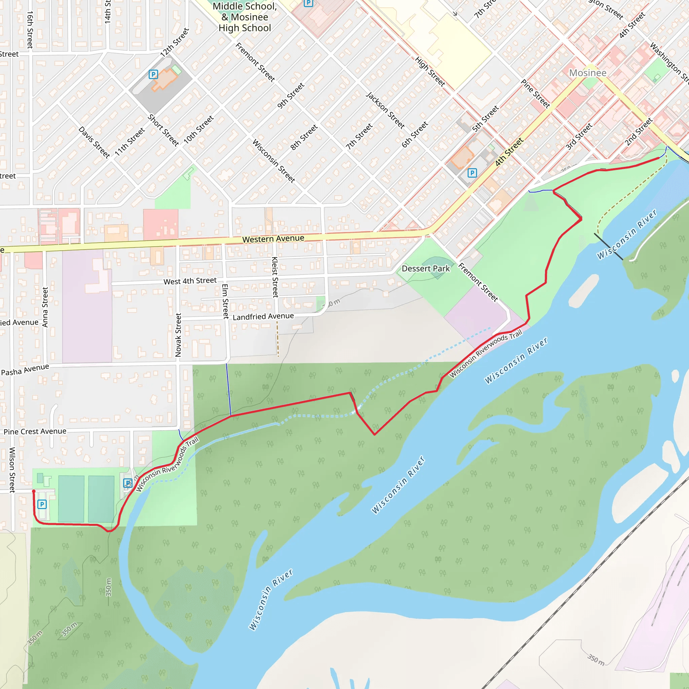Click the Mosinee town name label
click(x=587, y=73)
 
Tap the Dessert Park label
click(x=426, y=268)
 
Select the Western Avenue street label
click(x=273, y=239)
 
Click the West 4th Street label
click(x=190, y=281)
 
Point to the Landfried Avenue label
click(x=263, y=316)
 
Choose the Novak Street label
click(x=178, y=335)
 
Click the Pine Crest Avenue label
click(x=35, y=432)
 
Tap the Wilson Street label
click(x=12, y=470)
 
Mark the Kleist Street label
click(x=275, y=277)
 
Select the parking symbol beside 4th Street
click(x=472, y=173)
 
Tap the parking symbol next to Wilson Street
click(x=42, y=504)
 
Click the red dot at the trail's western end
click(x=34, y=492)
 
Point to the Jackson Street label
click(x=385, y=110)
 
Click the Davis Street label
click(x=94, y=142)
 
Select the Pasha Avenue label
click(x=25, y=370)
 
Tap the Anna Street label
click(x=45, y=307)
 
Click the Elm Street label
click(x=225, y=301)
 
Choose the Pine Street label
click(x=535, y=94)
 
